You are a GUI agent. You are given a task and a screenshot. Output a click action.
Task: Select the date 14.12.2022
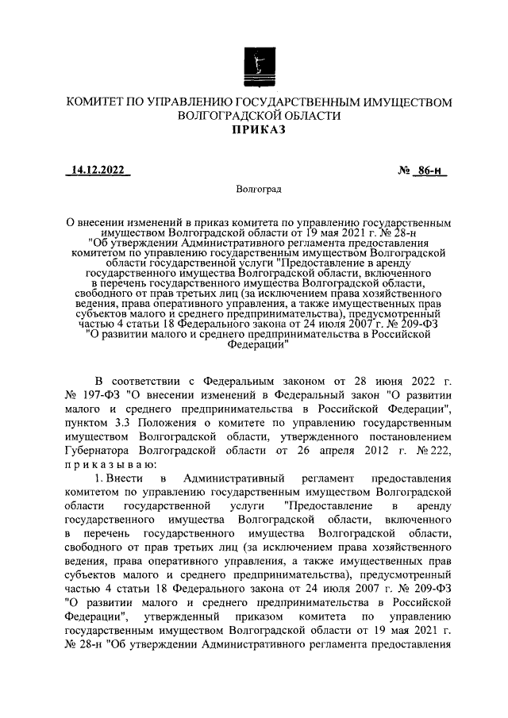point(98,169)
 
